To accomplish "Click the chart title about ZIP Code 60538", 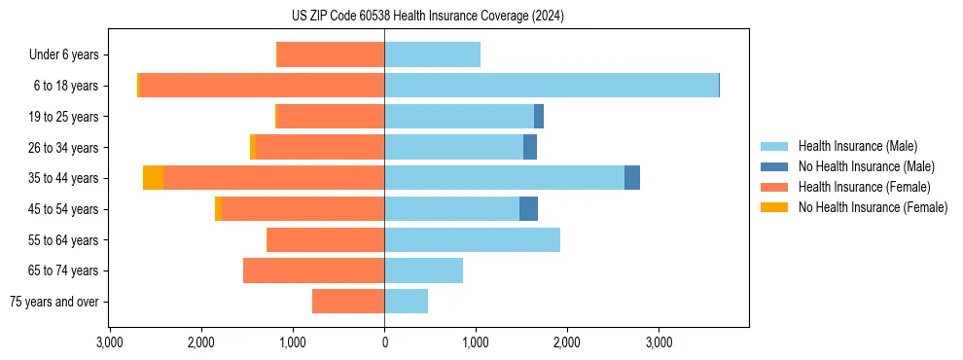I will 481,17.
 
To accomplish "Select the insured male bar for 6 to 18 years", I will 551,86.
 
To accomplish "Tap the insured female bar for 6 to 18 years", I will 263,86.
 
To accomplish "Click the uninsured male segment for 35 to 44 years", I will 632,178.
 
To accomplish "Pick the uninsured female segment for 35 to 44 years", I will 153,178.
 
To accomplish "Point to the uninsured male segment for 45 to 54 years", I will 528,208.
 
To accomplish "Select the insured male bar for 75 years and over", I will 406,302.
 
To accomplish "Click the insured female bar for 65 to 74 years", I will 313,270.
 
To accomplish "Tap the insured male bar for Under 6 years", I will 432,54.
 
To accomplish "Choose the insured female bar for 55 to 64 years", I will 325,239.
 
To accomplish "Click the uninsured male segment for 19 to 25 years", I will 539,117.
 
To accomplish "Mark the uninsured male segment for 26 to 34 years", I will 530,147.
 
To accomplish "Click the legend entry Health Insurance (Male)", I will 857,146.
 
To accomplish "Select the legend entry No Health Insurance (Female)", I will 873,207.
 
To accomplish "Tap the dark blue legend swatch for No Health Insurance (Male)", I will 774,166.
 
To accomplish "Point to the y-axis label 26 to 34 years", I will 64,147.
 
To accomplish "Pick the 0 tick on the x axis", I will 384,342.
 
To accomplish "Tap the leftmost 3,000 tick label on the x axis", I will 110,342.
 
